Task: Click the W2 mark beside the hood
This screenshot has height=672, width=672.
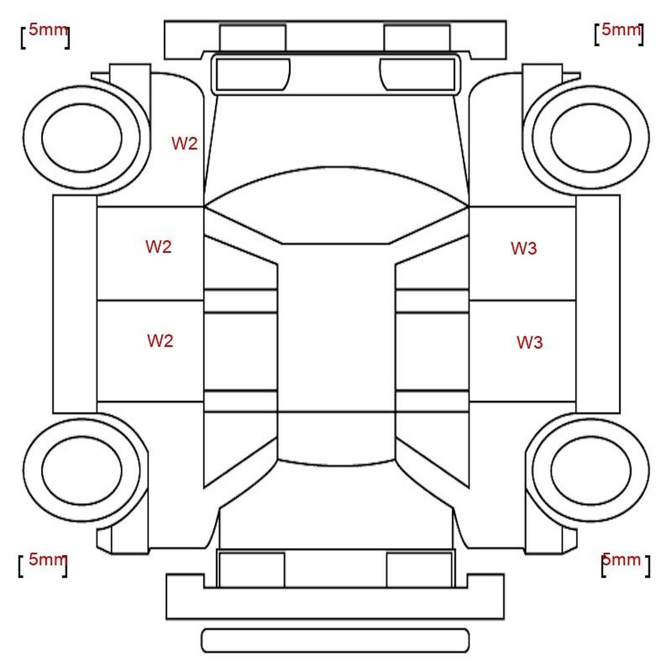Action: pyautogui.click(x=184, y=143)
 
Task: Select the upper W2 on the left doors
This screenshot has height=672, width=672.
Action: pyautogui.click(x=158, y=247)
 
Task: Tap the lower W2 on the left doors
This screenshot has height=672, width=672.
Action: pyautogui.click(x=160, y=341)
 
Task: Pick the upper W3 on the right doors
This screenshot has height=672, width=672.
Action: pyautogui.click(x=524, y=248)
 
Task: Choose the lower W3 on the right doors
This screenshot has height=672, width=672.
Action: pyautogui.click(x=529, y=343)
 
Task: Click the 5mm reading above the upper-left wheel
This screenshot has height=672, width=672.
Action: pyautogui.click(x=48, y=30)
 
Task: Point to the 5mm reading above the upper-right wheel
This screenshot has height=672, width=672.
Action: pyautogui.click(x=621, y=29)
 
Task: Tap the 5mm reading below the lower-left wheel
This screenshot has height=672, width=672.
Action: pyautogui.click(x=48, y=559)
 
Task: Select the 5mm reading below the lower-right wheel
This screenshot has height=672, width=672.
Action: pyautogui.click(x=621, y=559)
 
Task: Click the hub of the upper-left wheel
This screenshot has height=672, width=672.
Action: pyautogui.click(x=82, y=138)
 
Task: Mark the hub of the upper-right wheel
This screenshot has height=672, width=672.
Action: pyautogui.click(x=591, y=138)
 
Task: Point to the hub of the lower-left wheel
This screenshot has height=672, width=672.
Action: pyautogui.click(x=82, y=471)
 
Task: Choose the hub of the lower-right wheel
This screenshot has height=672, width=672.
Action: pyautogui.click(x=591, y=471)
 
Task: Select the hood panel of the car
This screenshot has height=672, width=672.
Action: pyautogui.click(x=336, y=131)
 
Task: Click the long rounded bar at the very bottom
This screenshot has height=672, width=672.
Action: pyautogui.click(x=335, y=640)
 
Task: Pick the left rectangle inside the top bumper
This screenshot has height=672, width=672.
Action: pyautogui.click(x=252, y=38)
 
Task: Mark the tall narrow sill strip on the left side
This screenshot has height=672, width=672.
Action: pyautogui.click(x=75, y=304)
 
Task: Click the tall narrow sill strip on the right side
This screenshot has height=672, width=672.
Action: pyautogui.click(x=598, y=304)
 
